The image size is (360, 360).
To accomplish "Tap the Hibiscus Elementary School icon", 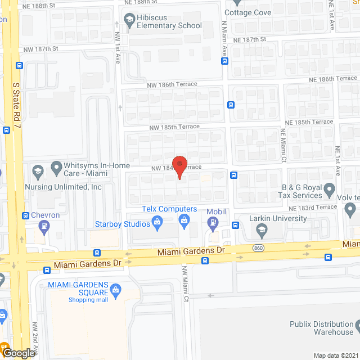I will pyautogui.click(x=129, y=21).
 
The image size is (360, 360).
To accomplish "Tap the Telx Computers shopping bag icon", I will pyautogui.click(x=184, y=223).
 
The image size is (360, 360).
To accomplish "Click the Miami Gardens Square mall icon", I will pyautogui.click(x=116, y=290).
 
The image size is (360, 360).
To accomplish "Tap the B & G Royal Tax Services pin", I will pyautogui.click(x=330, y=188).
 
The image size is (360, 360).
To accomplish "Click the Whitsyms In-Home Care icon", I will pyautogui.click(x=56, y=168).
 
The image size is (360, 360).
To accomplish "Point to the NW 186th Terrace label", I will pyautogui.click(x=173, y=84).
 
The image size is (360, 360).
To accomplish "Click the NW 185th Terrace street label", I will pyautogui.click(x=174, y=127).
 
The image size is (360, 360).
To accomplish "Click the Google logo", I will pyautogui.click(x=18, y=353).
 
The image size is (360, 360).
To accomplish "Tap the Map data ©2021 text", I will pyautogui.click(x=336, y=355).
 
